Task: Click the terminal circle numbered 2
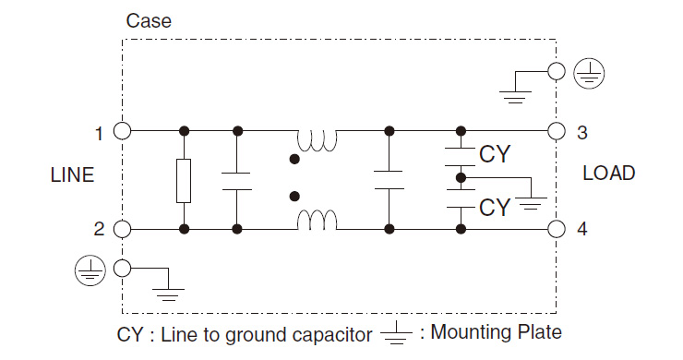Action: tap(122, 229)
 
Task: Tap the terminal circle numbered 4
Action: tap(556, 229)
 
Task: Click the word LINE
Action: tap(72, 175)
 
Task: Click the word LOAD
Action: tap(608, 174)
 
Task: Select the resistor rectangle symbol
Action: tap(185, 180)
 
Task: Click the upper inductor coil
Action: tap(317, 139)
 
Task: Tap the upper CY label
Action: tap(495, 154)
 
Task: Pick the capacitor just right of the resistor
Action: tap(237, 180)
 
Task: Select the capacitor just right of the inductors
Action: tap(389, 180)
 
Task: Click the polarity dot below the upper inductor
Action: tap(294, 160)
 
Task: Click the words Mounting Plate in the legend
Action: tap(496, 333)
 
